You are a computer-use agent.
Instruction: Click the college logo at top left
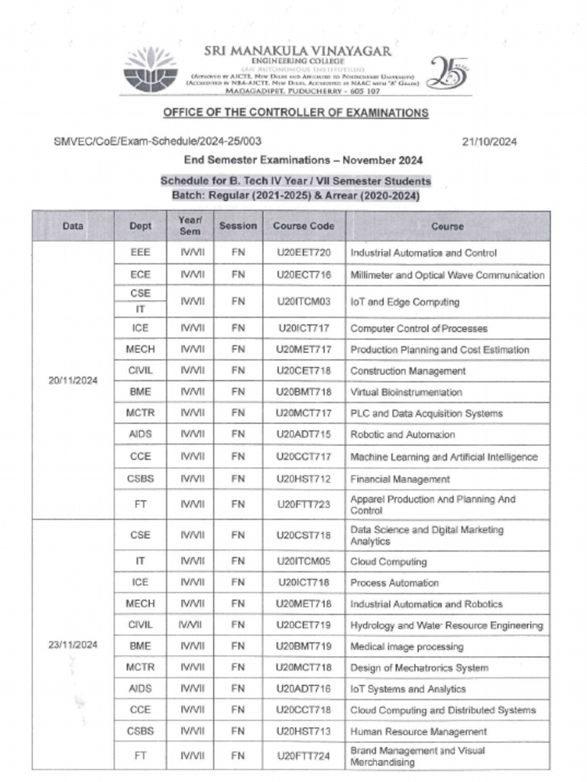point(150,69)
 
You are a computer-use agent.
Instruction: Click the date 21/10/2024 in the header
point(490,141)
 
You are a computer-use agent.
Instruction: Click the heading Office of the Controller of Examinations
point(295,113)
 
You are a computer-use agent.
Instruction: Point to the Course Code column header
point(303,226)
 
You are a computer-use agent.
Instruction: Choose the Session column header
point(238,226)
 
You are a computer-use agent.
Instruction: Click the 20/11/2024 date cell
point(73,380)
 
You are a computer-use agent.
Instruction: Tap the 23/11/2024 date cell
point(73,645)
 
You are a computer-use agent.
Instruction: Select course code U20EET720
point(303,253)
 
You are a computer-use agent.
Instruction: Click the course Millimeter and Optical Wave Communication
point(447,275)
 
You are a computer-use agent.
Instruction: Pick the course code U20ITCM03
point(303,302)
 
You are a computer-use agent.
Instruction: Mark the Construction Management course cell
point(407,371)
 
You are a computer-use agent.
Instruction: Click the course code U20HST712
point(303,479)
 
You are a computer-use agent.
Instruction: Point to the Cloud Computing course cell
point(388,561)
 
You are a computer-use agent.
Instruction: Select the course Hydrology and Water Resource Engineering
point(446,625)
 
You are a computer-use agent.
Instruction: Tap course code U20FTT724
point(303,755)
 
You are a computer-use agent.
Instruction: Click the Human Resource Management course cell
point(418,732)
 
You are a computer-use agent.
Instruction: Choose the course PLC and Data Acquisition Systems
point(426,413)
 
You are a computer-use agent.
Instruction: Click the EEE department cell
point(140,253)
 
